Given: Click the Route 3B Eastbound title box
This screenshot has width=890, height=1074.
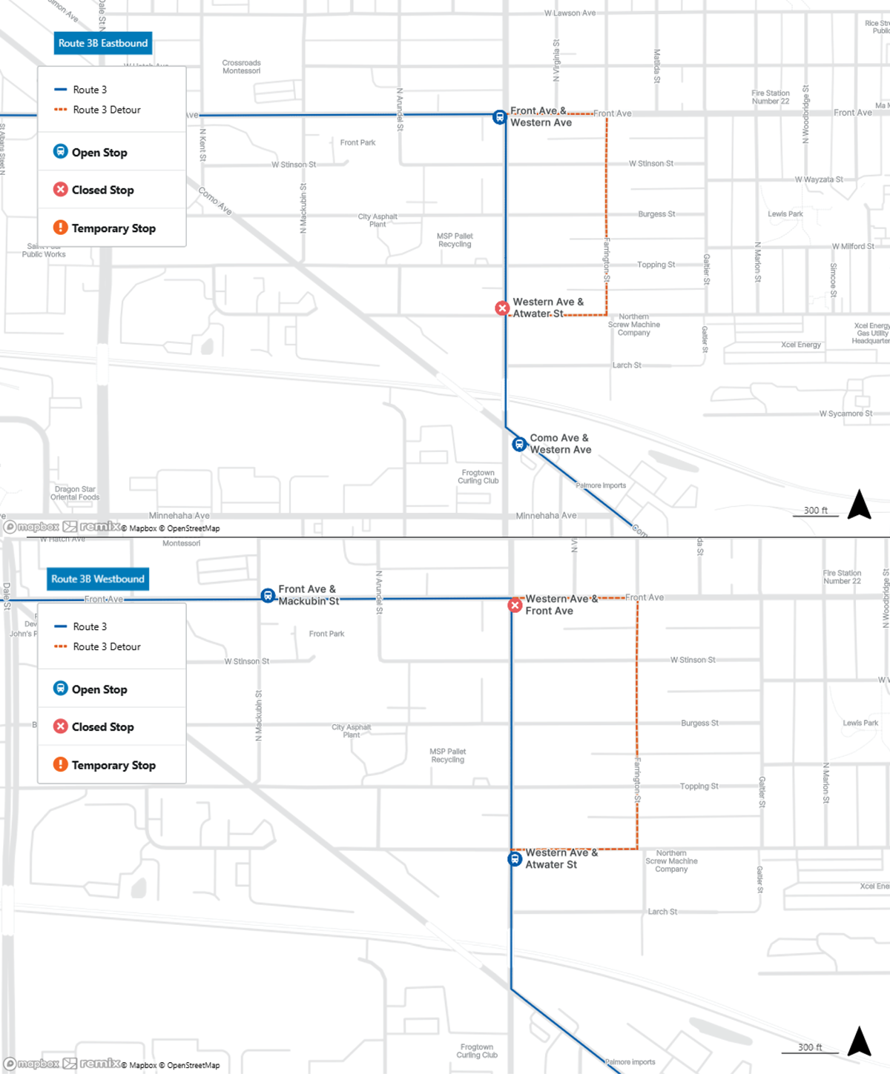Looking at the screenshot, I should click(x=103, y=43).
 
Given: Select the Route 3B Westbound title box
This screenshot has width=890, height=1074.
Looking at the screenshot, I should click(x=98, y=579).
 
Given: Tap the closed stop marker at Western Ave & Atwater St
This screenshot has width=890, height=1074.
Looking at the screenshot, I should click(x=502, y=308).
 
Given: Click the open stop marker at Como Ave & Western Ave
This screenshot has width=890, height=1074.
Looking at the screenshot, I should click(x=519, y=444).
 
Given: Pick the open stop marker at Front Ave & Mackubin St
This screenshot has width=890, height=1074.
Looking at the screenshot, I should click(x=268, y=596).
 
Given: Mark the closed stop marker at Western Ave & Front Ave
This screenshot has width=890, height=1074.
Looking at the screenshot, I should click(x=515, y=606).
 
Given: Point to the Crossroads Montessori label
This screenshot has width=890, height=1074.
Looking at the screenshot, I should click(x=241, y=67).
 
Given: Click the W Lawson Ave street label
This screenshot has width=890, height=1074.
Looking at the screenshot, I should click(x=570, y=13).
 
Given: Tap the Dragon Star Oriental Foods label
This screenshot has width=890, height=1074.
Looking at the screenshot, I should click(x=75, y=493).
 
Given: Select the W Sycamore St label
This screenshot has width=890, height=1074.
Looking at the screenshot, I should click(x=845, y=414).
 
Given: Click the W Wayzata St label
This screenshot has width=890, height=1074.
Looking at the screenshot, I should click(x=818, y=179).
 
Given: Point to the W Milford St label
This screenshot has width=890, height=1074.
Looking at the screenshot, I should click(x=853, y=246).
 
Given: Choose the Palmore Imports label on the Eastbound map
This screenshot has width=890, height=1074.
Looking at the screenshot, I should click(x=601, y=485).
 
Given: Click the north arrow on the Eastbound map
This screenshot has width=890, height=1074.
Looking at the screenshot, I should click(x=859, y=505).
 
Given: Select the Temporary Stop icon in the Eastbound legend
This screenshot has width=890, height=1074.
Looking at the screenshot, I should click(x=61, y=228).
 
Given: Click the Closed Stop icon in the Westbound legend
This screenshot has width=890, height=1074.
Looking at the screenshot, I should click(x=61, y=726).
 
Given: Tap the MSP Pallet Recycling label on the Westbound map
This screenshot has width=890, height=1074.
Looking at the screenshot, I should click(x=448, y=755).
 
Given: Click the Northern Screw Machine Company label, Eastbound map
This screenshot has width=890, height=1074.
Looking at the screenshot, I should click(x=633, y=325).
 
